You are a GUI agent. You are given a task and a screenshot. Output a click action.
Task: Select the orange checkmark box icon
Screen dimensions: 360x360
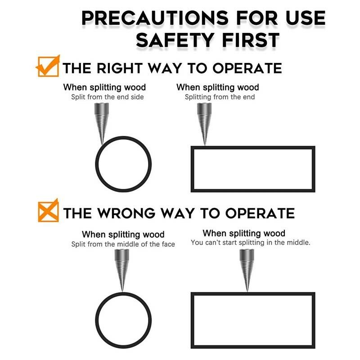tap(48, 66)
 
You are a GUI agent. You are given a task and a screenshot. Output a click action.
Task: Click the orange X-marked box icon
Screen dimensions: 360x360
tap(48, 211)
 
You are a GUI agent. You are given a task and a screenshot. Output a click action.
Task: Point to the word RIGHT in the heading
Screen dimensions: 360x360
tap(119, 68)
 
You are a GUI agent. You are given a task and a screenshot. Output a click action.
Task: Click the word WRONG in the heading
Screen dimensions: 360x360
tap(126, 213)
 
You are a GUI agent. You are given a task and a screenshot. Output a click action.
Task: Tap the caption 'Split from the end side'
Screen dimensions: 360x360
tap(108, 97)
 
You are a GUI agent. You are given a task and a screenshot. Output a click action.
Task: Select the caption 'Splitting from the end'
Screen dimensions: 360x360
tap(220, 97)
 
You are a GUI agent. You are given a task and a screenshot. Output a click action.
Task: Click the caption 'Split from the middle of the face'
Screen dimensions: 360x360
tap(123, 244)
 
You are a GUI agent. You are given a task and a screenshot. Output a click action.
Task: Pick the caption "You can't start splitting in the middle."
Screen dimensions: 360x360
tap(251, 243)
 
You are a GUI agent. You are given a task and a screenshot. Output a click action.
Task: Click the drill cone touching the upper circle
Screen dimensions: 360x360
tap(102, 123)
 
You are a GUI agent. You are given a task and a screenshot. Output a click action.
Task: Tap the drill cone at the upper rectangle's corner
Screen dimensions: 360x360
tap(204, 124)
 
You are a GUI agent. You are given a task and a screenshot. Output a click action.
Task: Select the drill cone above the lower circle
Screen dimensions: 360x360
tap(121, 270)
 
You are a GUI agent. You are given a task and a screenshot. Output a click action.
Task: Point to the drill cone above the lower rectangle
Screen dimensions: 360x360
tap(247, 270)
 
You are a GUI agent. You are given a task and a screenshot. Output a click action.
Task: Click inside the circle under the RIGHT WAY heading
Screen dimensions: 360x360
tap(123, 164)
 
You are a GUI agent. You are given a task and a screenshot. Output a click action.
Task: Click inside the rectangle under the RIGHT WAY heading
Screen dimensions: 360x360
tap(253, 169)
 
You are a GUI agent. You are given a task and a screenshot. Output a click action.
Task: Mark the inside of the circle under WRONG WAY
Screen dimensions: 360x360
tap(123, 320)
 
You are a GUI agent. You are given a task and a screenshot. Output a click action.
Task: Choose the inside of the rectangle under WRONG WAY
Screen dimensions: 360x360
tap(253, 320)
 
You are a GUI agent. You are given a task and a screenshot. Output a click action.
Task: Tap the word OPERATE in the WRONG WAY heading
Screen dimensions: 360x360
tap(260, 213)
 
